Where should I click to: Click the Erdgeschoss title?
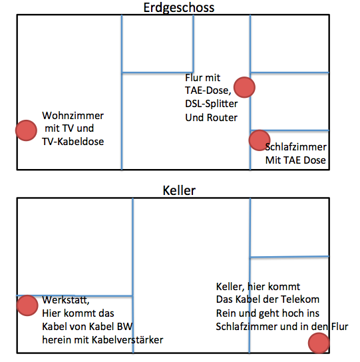pyautogui.click(x=179, y=8)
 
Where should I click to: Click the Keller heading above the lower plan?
pyautogui.click(x=179, y=191)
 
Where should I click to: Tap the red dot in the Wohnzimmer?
pyautogui.click(x=27, y=130)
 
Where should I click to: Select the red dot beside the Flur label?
pyautogui.click(x=244, y=87)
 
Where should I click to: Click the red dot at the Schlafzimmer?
pyautogui.click(x=260, y=140)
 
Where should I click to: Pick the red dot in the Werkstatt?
pyautogui.click(x=27, y=305)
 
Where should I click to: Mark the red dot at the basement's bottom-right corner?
pyautogui.click(x=319, y=343)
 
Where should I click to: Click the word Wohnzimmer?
pyautogui.click(x=73, y=116)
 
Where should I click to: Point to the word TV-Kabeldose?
pyautogui.click(x=73, y=142)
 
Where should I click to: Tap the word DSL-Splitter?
pyautogui.click(x=212, y=104)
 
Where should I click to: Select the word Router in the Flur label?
pyautogui.click(x=222, y=118)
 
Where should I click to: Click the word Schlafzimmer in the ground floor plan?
pyautogui.click(x=296, y=147)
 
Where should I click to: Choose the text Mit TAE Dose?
pyautogui.click(x=295, y=160)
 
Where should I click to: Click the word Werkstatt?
pyautogui.click(x=66, y=300)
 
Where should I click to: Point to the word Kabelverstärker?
pyautogui.click(x=128, y=340)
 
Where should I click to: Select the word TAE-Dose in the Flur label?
pyautogui.click(x=208, y=90)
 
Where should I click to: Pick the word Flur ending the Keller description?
pyautogui.click(x=339, y=327)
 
